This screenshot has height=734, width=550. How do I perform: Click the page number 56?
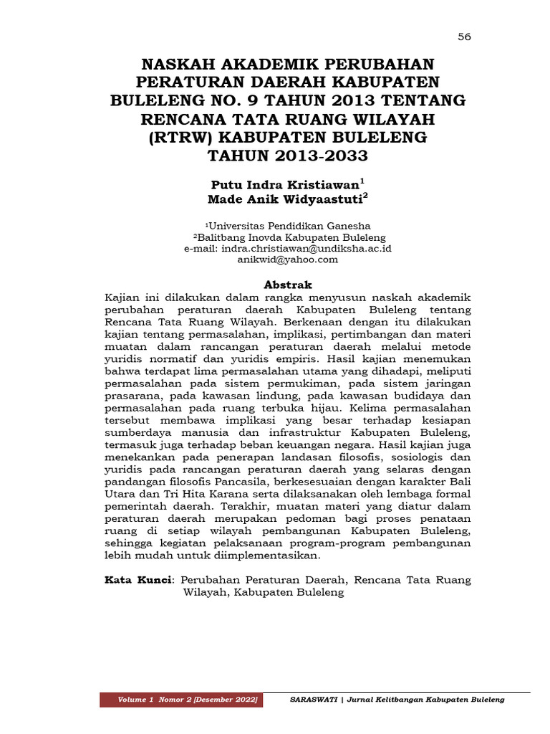(464, 37)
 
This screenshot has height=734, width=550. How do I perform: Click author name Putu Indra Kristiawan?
(285, 183)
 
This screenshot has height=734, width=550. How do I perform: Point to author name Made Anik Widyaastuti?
(285, 198)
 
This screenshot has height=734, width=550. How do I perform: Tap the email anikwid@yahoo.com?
(287, 259)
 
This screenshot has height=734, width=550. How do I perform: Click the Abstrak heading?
(289, 285)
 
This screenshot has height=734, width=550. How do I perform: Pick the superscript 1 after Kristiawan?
(362, 179)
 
